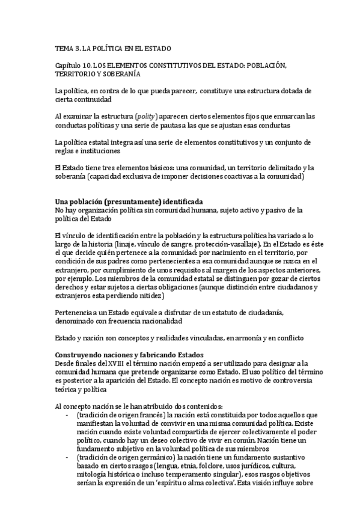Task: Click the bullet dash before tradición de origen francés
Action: tap(65, 416)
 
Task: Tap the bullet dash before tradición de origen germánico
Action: tap(65, 459)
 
